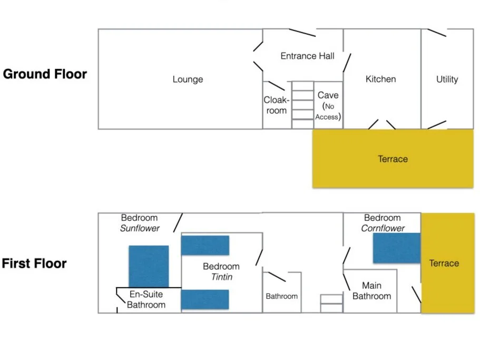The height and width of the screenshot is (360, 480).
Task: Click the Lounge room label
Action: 188,80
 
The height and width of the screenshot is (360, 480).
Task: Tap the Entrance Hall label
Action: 307,56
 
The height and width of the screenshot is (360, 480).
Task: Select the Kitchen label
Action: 380,79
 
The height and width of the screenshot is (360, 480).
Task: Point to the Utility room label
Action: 447,80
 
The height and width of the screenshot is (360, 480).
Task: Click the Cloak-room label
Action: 276,105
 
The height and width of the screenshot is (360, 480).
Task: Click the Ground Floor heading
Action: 45,74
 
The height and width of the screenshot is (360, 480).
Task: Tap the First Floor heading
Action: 34,264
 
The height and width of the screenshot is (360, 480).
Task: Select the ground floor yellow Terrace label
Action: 393,159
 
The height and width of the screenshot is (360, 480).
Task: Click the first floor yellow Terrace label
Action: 444,263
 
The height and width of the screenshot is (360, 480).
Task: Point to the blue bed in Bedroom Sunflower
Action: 149,266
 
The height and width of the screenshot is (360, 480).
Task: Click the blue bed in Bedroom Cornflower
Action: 396,248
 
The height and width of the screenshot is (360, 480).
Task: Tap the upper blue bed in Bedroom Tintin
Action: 205,245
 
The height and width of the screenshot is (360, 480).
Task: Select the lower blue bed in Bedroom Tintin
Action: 205,299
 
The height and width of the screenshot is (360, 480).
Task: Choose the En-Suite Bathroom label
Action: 146,299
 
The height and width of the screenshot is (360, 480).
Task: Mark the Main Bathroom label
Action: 371,291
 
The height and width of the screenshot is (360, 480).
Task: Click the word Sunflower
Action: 140,228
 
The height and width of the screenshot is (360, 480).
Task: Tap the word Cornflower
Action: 383,228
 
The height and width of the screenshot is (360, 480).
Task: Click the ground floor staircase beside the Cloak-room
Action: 302,104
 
